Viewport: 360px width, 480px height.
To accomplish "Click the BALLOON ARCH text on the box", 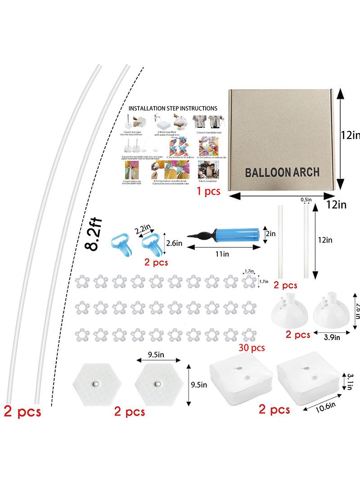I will click(x=282, y=172).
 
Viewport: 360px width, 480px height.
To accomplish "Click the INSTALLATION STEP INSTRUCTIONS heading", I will click(x=173, y=108).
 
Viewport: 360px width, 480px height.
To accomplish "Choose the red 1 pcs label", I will click(x=208, y=191).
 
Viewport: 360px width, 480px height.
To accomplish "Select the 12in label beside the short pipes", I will click(x=324, y=240).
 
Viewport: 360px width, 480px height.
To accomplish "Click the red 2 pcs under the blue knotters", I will click(x=156, y=262).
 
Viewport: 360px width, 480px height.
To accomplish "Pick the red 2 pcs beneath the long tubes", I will click(x=22, y=411).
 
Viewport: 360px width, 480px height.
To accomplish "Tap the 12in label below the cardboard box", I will click(x=336, y=205).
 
